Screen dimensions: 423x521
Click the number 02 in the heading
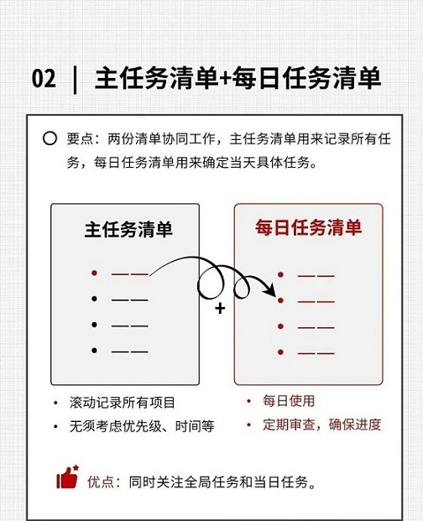(x=44, y=79)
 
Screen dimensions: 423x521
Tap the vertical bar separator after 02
(x=75, y=80)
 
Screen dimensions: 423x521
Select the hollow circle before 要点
(x=50, y=138)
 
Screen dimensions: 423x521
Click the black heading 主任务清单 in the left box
(x=128, y=229)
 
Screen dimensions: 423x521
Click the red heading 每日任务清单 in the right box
(x=308, y=227)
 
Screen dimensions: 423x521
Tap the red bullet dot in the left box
(x=94, y=274)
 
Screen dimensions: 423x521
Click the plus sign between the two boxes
(x=220, y=309)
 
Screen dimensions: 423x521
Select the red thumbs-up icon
(x=67, y=477)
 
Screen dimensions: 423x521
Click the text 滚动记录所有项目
(x=122, y=403)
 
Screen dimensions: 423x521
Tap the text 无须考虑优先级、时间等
(x=142, y=426)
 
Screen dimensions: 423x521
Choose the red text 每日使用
(x=289, y=401)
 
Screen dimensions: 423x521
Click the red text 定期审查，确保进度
(x=321, y=425)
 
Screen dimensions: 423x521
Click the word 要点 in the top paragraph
(x=80, y=139)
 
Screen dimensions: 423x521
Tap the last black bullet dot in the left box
(x=94, y=350)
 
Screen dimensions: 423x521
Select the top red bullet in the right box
(x=281, y=275)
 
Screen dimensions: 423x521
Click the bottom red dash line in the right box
(x=316, y=352)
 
